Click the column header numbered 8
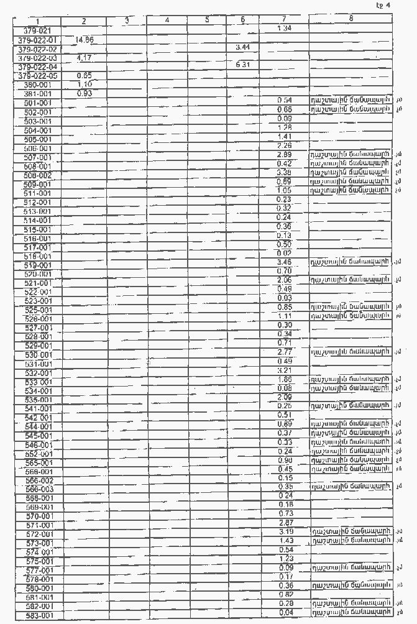(x=351, y=19)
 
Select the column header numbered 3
(x=126, y=21)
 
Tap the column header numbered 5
(x=207, y=21)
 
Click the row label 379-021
(x=37, y=30)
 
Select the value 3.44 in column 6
(x=242, y=47)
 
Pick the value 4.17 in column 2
(x=84, y=57)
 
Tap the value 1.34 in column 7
(x=283, y=28)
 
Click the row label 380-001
(x=37, y=85)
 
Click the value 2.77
(x=284, y=352)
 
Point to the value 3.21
(x=284, y=370)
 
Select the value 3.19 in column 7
(x=285, y=532)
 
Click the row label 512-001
(x=37, y=202)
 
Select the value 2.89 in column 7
(x=284, y=154)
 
